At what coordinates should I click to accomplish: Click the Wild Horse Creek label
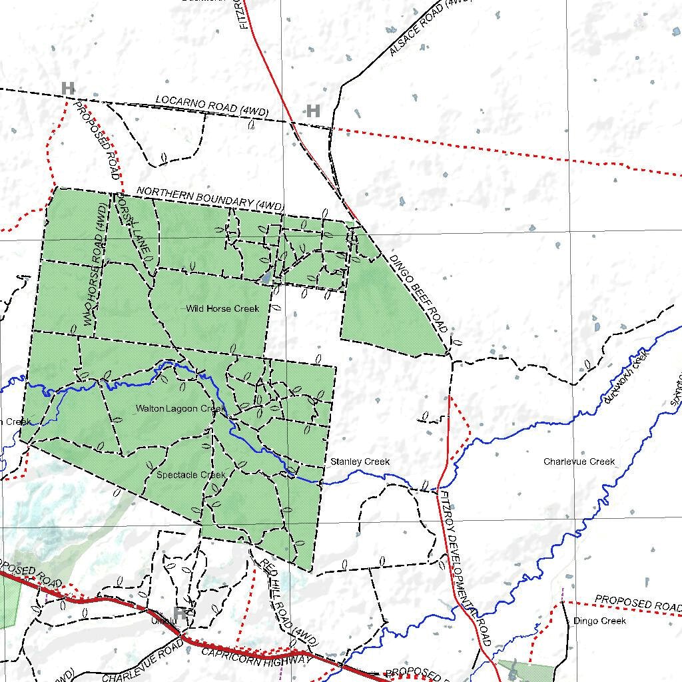[x=222, y=308]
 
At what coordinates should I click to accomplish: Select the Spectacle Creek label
[x=191, y=475]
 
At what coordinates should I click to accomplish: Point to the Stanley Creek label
[x=360, y=462]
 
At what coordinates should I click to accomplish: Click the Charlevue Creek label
[x=579, y=462]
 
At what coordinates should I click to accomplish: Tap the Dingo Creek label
[x=599, y=621]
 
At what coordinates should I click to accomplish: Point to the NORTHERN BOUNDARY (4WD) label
[x=210, y=198]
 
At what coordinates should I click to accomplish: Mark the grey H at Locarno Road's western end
[x=67, y=88]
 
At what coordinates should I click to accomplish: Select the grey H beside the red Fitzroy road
[x=313, y=111]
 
